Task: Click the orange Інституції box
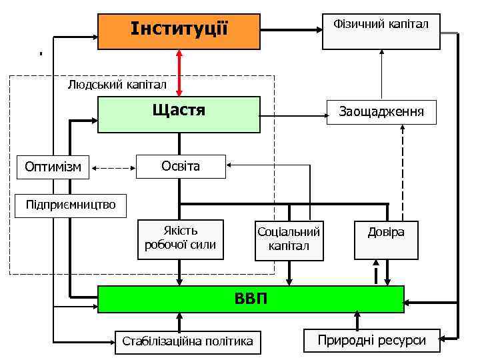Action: click(x=179, y=31)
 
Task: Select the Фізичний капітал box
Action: click(x=381, y=31)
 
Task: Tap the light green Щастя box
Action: click(x=179, y=114)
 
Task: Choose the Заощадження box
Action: click(x=381, y=112)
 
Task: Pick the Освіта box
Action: click(x=180, y=166)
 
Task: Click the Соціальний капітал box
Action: click(x=289, y=239)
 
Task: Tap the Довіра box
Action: click(x=386, y=239)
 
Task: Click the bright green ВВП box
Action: click(x=251, y=299)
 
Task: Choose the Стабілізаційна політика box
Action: click(x=188, y=341)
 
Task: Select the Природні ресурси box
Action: click(x=371, y=340)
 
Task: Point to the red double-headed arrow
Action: click(x=179, y=73)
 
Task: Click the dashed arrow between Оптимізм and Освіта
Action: click(x=113, y=167)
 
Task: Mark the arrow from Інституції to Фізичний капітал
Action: click(x=291, y=29)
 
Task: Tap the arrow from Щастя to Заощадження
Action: click(x=293, y=117)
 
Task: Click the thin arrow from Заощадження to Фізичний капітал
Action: click(x=381, y=75)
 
